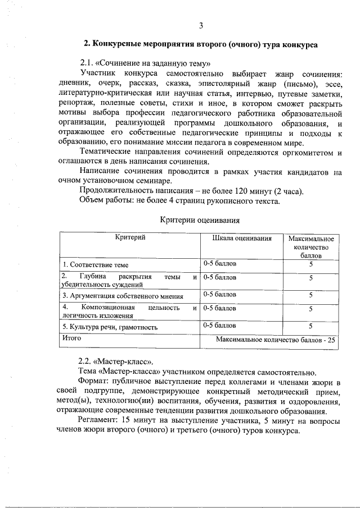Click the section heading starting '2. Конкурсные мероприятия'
200,43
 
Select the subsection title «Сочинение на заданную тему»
145,62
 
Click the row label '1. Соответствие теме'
96,264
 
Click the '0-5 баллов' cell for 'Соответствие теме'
220,263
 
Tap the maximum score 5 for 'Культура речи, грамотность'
310,326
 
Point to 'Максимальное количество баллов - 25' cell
275,340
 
